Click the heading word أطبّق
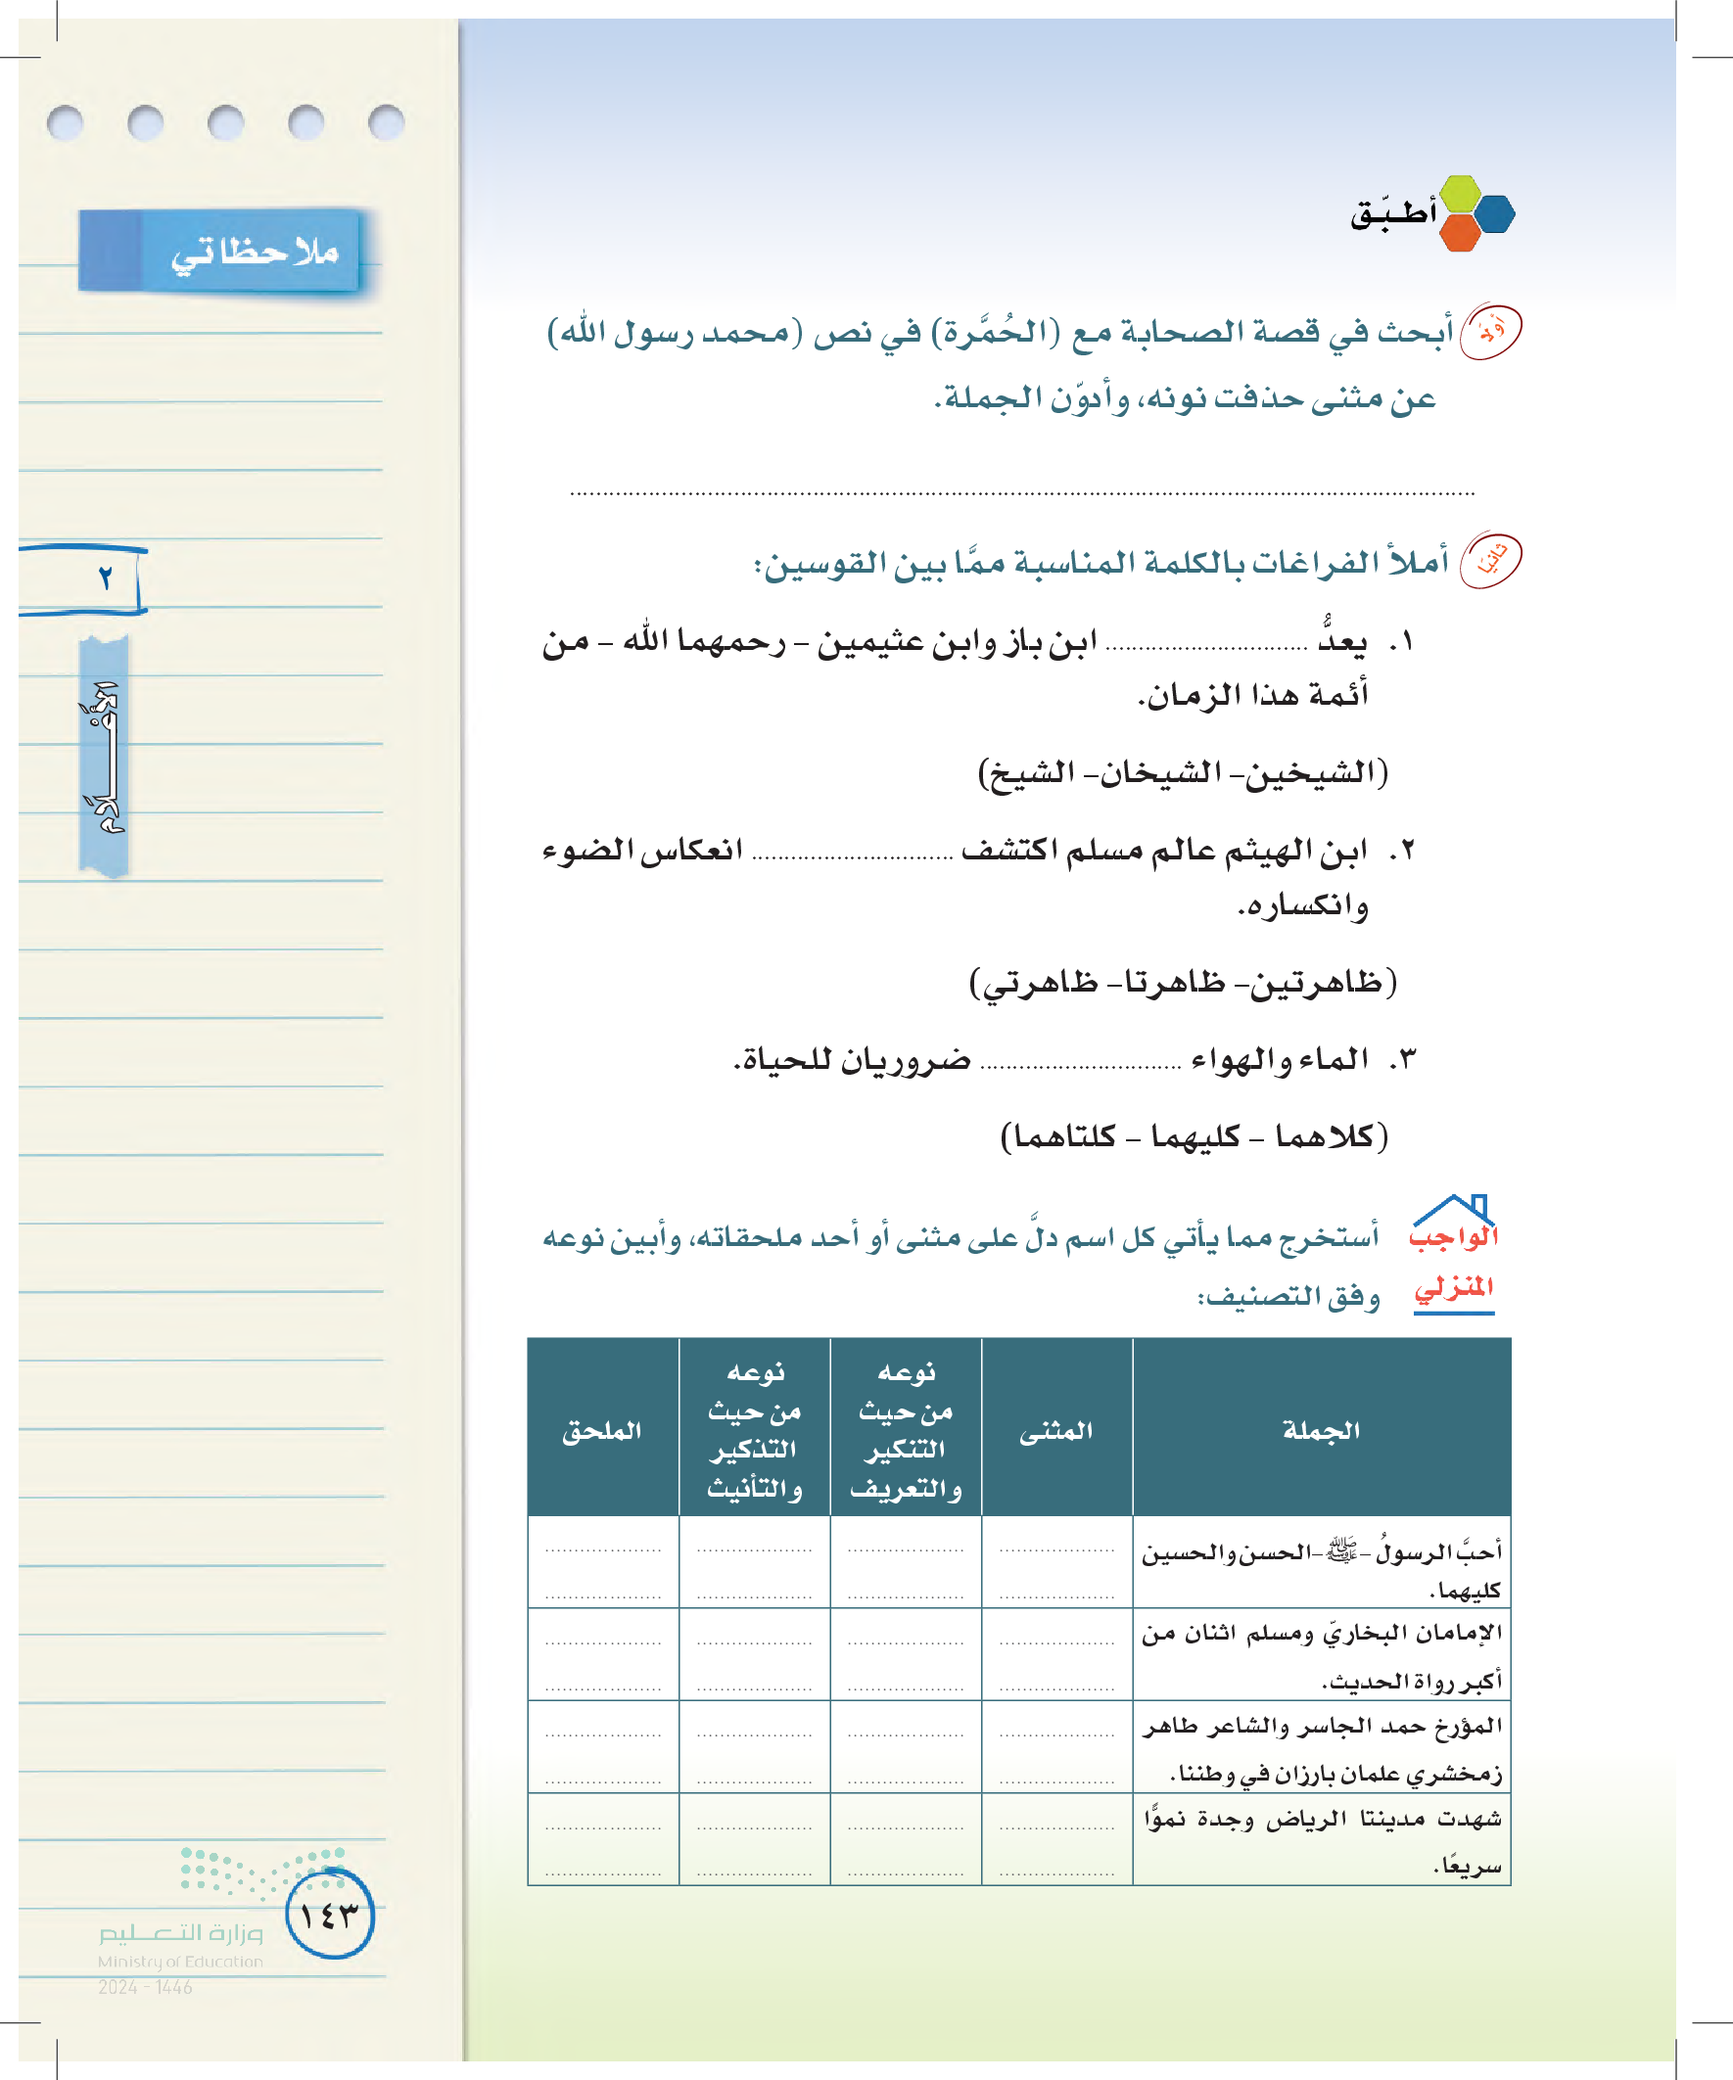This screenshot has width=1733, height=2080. click(1392, 214)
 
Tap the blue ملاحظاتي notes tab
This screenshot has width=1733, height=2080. click(220, 251)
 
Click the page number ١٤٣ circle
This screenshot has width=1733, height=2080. click(330, 1915)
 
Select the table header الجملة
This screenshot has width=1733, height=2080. click(1321, 1429)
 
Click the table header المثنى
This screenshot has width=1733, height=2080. click(1056, 1429)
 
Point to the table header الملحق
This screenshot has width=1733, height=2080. click(601, 1429)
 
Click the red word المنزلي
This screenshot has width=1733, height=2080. click(1454, 1287)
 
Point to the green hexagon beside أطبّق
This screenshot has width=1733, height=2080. click(1460, 193)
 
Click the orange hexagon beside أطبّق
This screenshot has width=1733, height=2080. click(1460, 234)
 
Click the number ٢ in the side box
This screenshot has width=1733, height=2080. click(105, 578)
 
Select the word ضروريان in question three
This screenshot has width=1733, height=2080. click(906, 1060)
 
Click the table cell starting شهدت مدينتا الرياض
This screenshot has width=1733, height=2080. click(1322, 1839)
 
